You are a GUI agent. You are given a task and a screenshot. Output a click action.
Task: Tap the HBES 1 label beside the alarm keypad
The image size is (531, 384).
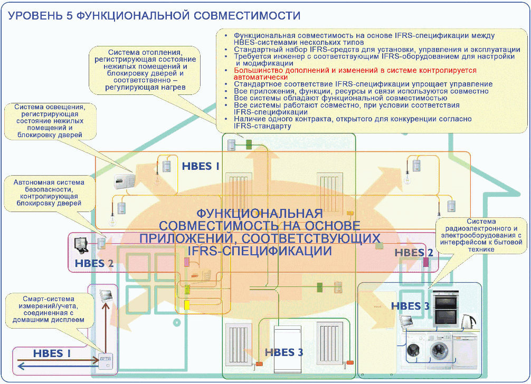pos(201,166)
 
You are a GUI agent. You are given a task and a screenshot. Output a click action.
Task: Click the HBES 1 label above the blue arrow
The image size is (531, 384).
pos(51,353)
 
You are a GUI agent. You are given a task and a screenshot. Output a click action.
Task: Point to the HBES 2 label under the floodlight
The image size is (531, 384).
pos(94,263)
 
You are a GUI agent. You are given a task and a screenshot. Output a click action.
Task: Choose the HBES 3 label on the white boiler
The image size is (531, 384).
pos(284,352)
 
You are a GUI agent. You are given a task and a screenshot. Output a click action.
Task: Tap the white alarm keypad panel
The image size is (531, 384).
pos(125,181)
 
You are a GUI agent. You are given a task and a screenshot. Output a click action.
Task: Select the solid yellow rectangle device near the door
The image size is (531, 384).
pos(186,305)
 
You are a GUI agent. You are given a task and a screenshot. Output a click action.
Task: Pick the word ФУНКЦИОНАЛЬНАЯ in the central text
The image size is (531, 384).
pos(259,213)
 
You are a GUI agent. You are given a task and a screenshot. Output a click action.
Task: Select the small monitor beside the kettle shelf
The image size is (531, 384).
pos(407,321)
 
